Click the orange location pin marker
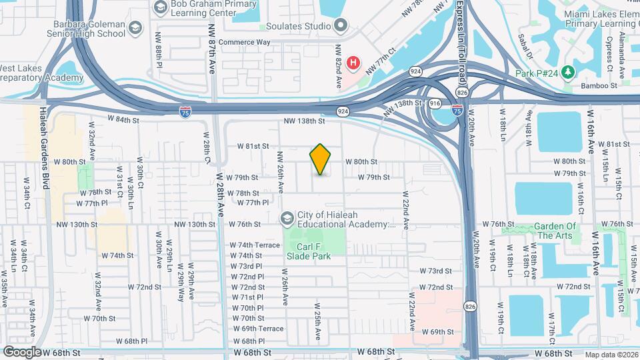pyautogui.click(x=320, y=159)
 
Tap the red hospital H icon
pyautogui.click(x=353, y=64)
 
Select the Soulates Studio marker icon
pyautogui.click(x=341, y=26)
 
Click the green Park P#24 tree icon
pyautogui.click(x=567, y=71)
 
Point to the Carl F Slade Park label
pyautogui.click(x=308, y=250)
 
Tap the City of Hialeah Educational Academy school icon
pyautogui.click(x=287, y=217)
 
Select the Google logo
pyautogui.click(x=22, y=351)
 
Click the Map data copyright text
pyautogui.click(x=611, y=355)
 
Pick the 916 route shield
pyautogui.click(x=435, y=103)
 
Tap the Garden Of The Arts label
pyautogui.click(x=555, y=231)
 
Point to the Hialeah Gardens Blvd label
pyautogui.click(x=44, y=147)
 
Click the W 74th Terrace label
pyautogui.click(x=255, y=245)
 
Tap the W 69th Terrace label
pyautogui.click(x=258, y=329)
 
